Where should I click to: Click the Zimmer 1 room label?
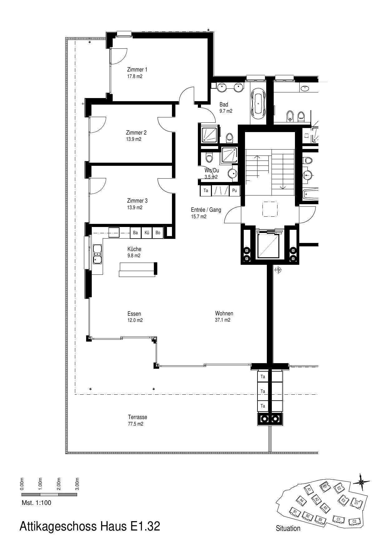click(x=137, y=70)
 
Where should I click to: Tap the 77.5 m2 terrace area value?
click(x=135, y=424)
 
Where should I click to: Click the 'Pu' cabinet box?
click(x=235, y=190)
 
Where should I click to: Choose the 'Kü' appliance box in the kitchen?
click(x=147, y=233)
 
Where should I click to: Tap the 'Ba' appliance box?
click(x=135, y=233)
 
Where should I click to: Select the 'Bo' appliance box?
click(x=158, y=233)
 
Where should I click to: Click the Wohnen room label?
click(x=224, y=313)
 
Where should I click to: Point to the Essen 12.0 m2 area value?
click(x=135, y=320)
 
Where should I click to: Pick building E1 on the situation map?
click(x=324, y=486)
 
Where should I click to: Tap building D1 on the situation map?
click(x=357, y=503)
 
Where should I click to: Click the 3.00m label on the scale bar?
click(x=77, y=484)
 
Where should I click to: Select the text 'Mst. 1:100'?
click(x=37, y=503)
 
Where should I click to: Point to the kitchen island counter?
click(x=137, y=269)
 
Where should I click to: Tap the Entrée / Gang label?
click(x=206, y=210)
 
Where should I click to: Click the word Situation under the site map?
click(x=288, y=528)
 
